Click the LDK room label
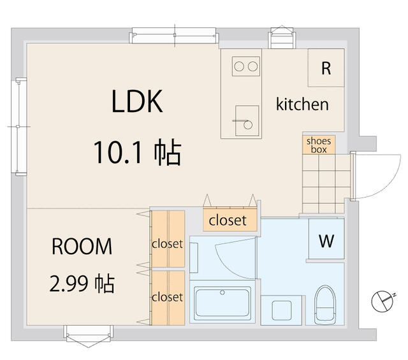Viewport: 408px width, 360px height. pos(137,101)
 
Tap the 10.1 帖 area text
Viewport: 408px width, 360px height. pos(138,152)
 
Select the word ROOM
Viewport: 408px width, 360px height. pos(82,247)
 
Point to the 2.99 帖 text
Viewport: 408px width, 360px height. pos(82,284)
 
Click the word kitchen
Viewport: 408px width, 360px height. pos(302,104)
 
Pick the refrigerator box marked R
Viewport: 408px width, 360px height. pos(326,68)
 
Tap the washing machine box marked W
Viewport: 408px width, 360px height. pos(326,239)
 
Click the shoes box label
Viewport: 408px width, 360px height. pos(319,145)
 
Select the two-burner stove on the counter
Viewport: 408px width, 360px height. pos(246,66)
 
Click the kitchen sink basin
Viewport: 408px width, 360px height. pos(247,120)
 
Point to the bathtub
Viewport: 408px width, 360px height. pos(222,301)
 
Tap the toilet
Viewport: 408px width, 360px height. pos(324,305)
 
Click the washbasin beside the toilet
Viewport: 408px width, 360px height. pos(282,310)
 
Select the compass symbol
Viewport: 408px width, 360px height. pos(383,301)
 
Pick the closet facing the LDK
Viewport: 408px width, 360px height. pos(230,220)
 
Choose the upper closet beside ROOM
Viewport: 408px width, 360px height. pos(168,239)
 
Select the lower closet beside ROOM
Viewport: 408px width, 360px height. pos(168,298)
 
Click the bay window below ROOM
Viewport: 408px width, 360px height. pos(89,336)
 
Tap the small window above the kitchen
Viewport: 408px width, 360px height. pos(282,37)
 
